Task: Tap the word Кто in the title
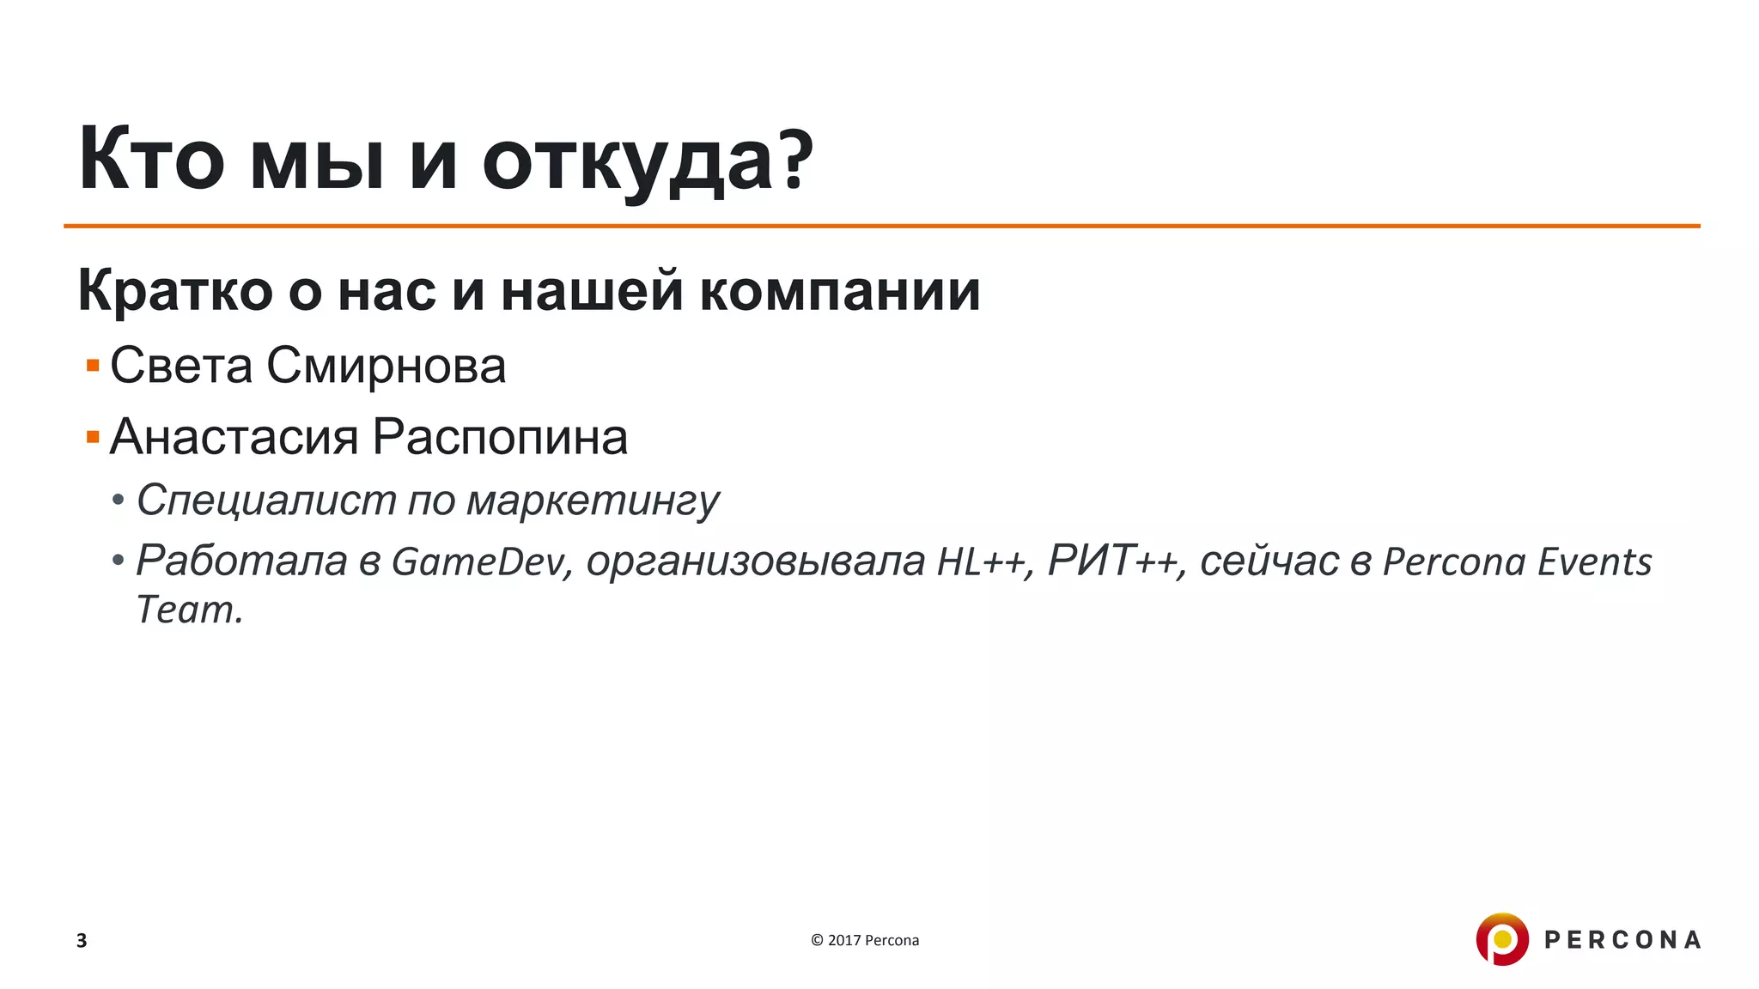(151, 161)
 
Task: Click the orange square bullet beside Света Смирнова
(93, 367)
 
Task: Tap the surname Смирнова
(386, 367)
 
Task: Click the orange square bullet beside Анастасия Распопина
(93, 438)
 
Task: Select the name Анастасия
(234, 438)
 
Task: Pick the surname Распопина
(500, 438)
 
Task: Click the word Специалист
(266, 501)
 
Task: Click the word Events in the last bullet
(1594, 562)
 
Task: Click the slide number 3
(82, 940)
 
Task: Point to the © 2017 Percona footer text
(865, 940)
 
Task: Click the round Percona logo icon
(1502, 939)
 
